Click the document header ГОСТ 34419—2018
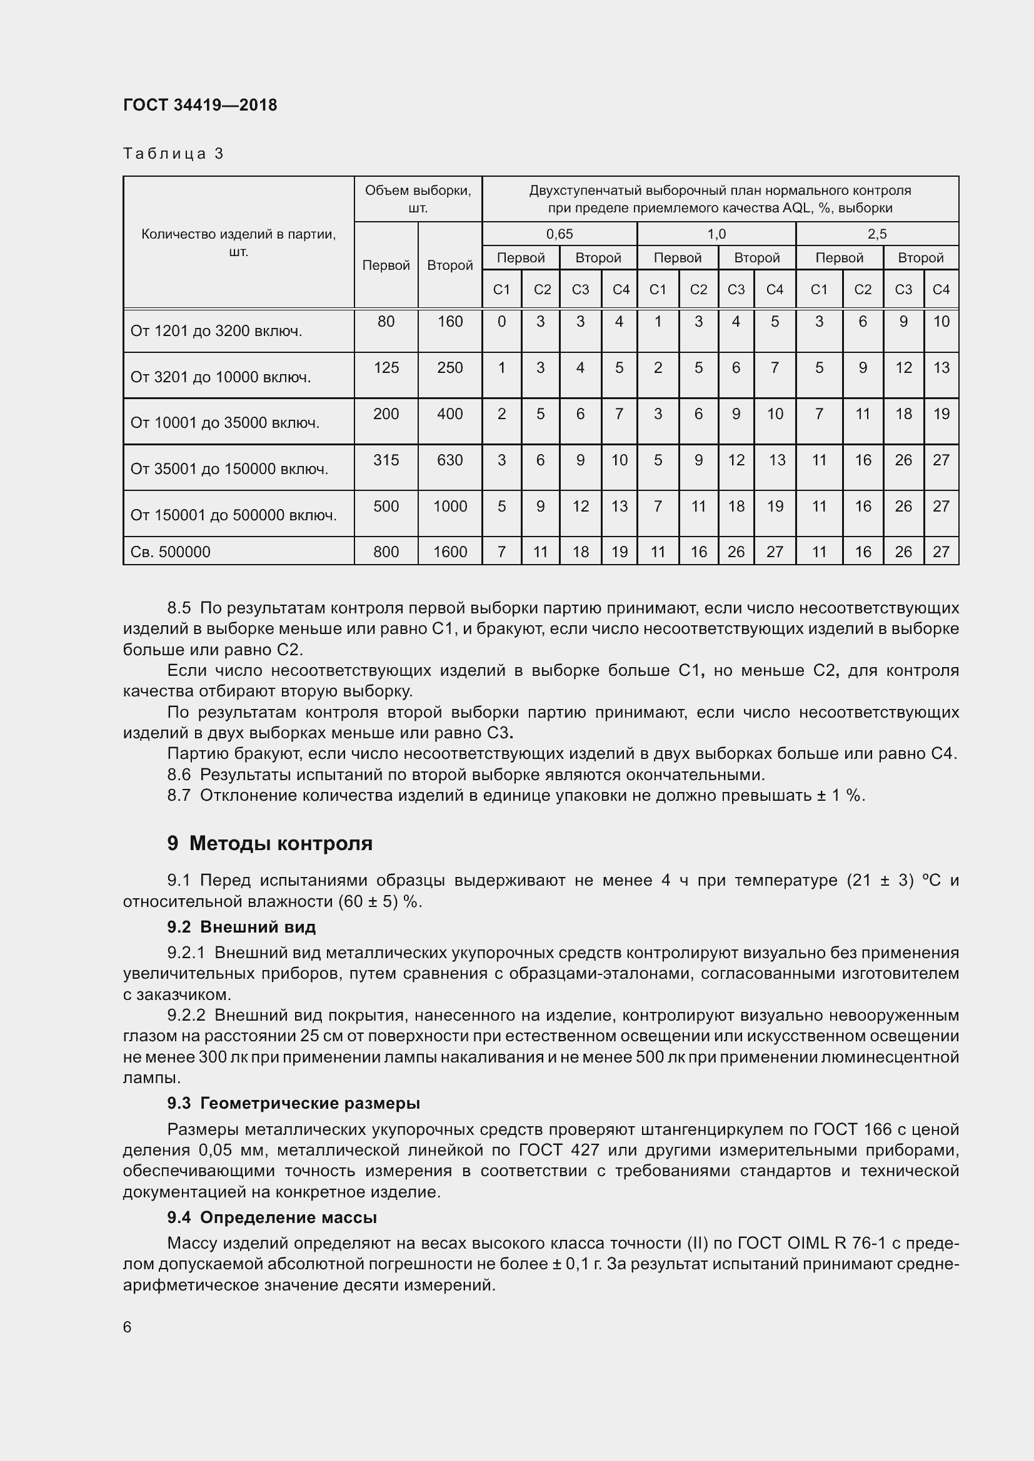click(200, 106)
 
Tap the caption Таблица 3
click(173, 154)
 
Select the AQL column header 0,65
click(559, 234)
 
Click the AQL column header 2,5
click(876, 234)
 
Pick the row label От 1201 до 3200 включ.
click(216, 331)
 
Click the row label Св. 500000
click(170, 552)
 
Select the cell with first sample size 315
click(386, 460)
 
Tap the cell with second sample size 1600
click(449, 552)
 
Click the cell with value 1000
click(449, 507)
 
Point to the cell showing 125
click(386, 368)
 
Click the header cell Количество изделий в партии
click(238, 242)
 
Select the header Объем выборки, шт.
click(418, 199)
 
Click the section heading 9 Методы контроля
click(269, 844)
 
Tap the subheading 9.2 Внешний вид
click(241, 927)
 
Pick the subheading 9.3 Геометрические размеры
click(293, 1103)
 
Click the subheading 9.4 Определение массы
click(272, 1217)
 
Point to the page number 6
click(128, 1327)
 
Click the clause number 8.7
click(179, 795)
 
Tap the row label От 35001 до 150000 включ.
click(229, 469)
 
